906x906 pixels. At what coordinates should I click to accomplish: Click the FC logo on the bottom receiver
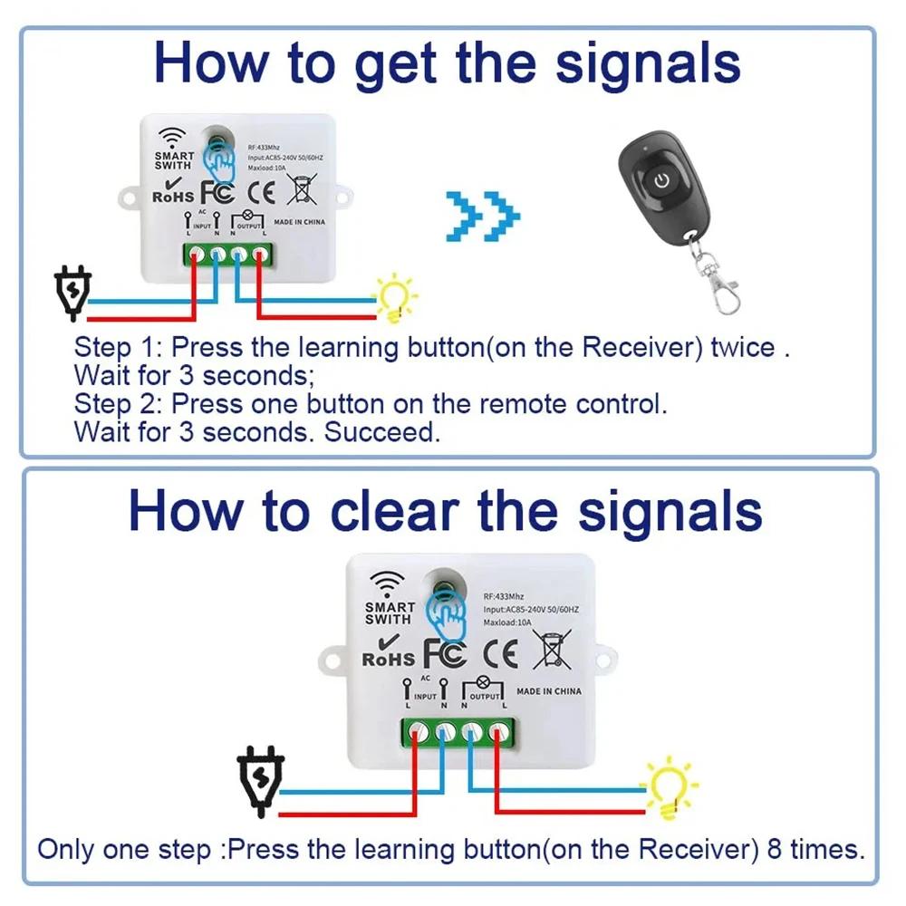445,654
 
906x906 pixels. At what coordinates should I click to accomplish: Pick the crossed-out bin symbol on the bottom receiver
552,651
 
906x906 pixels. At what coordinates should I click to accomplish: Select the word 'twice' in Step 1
743,347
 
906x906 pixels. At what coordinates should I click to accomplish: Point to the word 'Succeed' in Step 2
382,432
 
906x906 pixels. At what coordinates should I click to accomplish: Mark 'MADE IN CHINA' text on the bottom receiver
549,691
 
